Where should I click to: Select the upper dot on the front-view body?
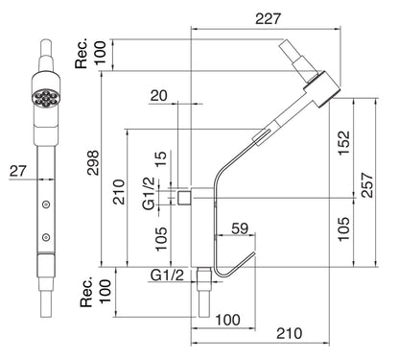(x=43, y=204)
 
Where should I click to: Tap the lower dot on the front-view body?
(x=43, y=235)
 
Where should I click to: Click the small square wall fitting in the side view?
(x=182, y=197)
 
